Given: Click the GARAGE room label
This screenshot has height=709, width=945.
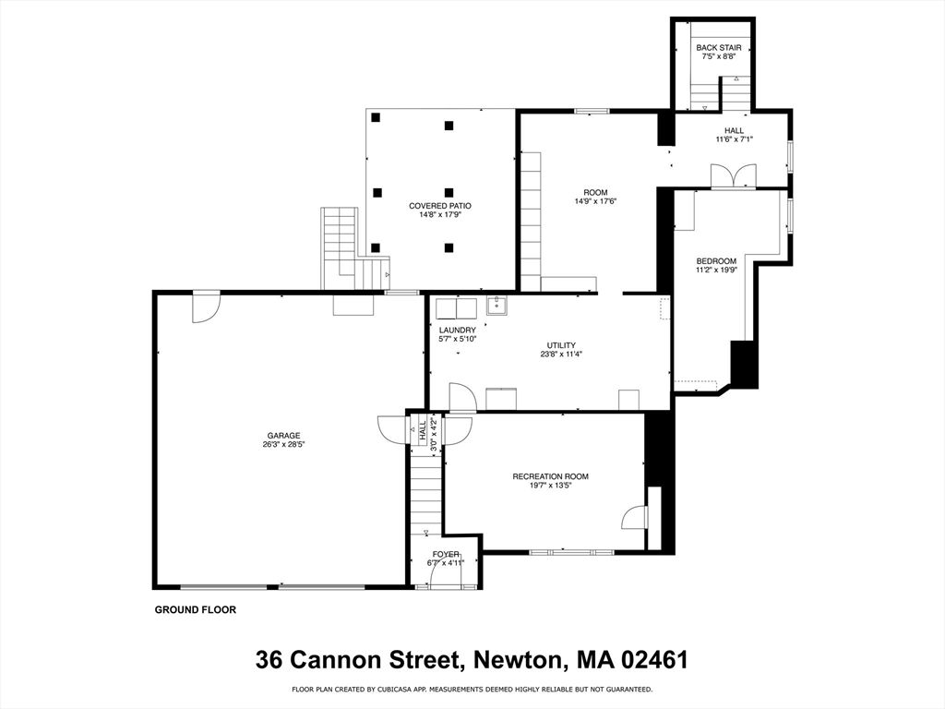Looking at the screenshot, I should point(283,436).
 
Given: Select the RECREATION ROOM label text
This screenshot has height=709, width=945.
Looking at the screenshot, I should point(550,476).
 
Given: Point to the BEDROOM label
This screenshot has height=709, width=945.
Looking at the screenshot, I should point(716,261).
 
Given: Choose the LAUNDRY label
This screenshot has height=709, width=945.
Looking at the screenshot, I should point(458,330).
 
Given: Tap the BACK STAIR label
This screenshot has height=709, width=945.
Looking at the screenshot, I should point(719,48).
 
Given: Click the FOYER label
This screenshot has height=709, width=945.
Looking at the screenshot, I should point(445,554).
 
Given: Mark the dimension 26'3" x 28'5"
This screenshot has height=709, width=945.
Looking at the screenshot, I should point(283,444).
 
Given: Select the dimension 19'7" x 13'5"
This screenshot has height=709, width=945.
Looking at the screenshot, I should point(550,486).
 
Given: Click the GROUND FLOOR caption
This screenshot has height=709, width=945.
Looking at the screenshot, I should point(195,609).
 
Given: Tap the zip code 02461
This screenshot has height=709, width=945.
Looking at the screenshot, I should point(652,660).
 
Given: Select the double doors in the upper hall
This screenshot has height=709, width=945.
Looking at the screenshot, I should point(734,175).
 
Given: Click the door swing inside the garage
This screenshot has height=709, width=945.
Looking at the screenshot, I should point(205,307).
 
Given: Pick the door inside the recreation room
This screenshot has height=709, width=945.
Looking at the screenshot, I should point(635,517).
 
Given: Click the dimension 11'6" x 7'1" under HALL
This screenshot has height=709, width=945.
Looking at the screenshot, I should point(734,139).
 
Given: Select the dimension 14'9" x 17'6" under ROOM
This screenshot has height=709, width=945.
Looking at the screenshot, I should point(595,201).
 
